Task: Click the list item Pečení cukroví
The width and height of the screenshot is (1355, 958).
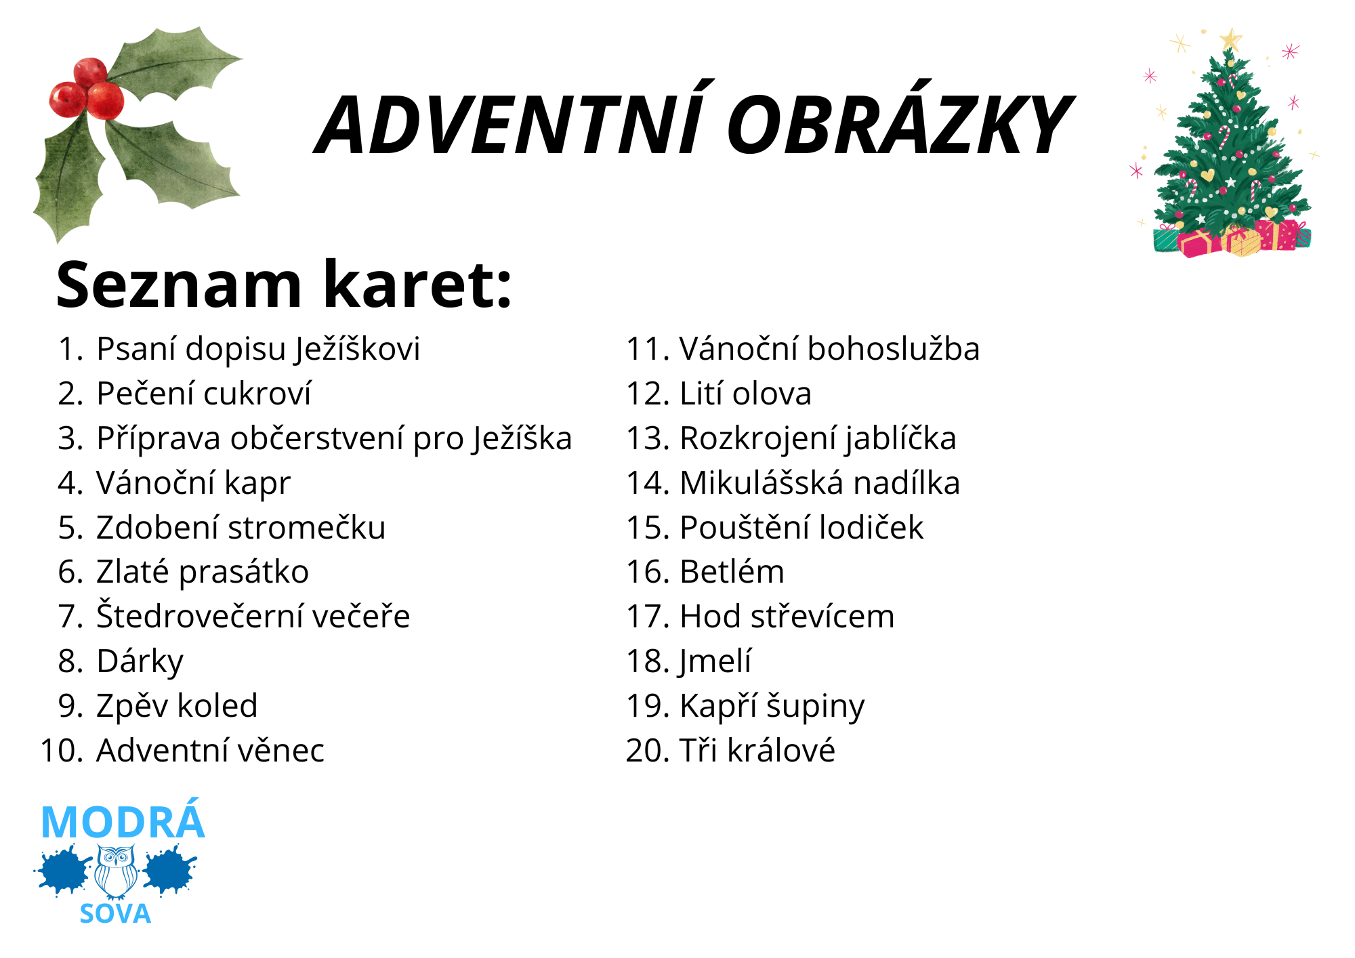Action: (x=203, y=394)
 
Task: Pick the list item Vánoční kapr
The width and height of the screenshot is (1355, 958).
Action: (x=193, y=483)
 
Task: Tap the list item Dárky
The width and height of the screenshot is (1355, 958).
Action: (x=140, y=661)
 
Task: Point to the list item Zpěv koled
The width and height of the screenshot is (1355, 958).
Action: (x=177, y=706)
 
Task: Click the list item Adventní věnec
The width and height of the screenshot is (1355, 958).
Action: (x=210, y=751)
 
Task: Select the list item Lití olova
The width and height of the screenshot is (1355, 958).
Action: (x=745, y=394)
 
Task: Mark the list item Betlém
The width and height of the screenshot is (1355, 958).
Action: (x=732, y=572)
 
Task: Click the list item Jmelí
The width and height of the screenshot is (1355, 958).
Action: (x=715, y=661)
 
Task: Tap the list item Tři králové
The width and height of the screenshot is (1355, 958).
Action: (x=757, y=751)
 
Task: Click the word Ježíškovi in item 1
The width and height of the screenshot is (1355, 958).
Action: (x=358, y=350)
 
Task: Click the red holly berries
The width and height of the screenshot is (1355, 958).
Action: (x=88, y=91)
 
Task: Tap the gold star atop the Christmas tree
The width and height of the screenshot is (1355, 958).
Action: (x=1230, y=39)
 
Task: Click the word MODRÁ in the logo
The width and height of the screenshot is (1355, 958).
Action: (x=123, y=822)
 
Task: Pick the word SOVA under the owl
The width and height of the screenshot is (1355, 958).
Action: (x=115, y=914)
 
